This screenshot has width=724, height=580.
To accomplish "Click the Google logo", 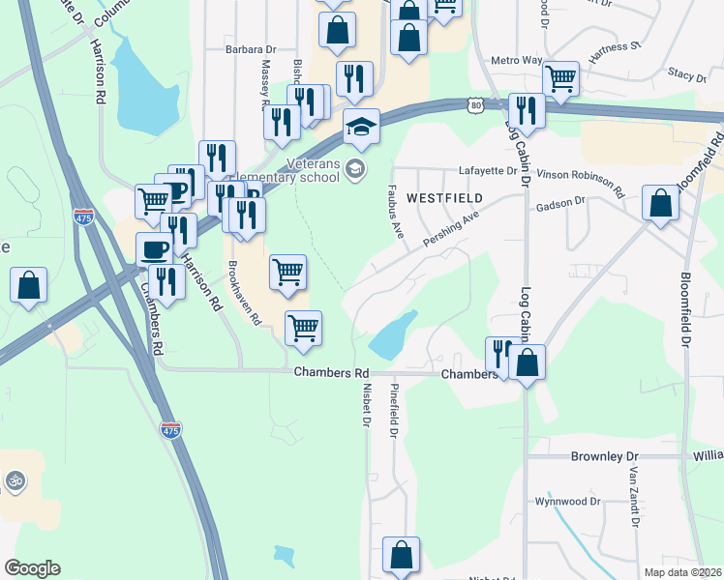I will [32, 568].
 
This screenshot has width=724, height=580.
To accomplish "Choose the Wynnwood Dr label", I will [568, 502].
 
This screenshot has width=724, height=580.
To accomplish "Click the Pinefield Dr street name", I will [394, 417].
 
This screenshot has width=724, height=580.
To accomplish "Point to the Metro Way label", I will [517, 60].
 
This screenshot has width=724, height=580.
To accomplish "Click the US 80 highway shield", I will [472, 102].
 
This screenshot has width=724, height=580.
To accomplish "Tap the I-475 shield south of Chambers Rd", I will [170, 429].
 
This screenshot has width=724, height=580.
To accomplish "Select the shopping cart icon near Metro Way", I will [560, 79].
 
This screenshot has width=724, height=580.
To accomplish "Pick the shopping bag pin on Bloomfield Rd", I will [660, 204].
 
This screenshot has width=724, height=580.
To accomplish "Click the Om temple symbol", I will [15, 479].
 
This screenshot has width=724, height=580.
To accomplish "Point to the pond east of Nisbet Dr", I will [392, 335].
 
